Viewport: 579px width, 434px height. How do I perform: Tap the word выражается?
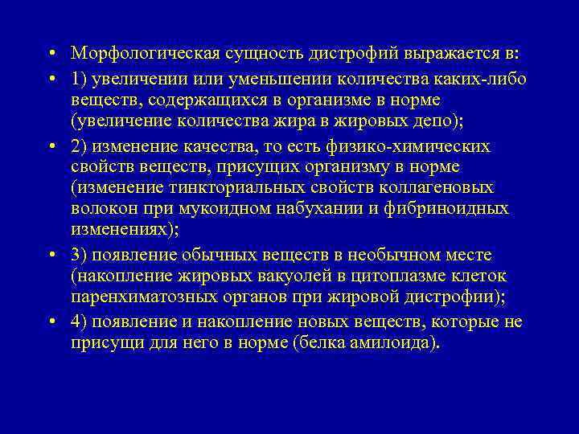448,53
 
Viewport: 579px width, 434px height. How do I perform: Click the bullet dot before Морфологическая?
50,54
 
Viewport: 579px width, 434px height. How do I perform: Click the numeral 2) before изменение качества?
80,145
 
